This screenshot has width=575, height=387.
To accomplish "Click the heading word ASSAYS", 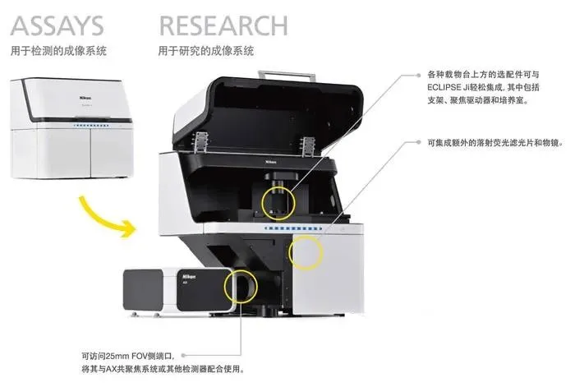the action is pyautogui.click(x=57, y=25).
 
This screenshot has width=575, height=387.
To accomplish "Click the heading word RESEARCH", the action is pyautogui.click(x=223, y=25).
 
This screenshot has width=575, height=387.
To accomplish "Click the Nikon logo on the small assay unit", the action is pyautogui.click(x=85, y=98).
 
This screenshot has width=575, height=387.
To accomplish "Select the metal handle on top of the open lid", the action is pyautogui.click(x=287, y=76).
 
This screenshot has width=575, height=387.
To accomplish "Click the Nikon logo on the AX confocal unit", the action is pyautogui.click(x=189, y=277).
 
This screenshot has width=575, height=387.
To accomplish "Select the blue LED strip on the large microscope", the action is pyautogui.click(x=293, y=228).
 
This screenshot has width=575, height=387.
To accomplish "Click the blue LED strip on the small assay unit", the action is pyautogui.click(x=91, y=126).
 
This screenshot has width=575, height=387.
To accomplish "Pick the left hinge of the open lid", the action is pyautogui.click(x=200, y=142).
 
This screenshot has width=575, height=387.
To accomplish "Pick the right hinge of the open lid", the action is pyautogui.click(x=308, y=145).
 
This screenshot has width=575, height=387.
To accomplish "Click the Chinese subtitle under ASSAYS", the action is pyautogui.click(x=58, y=51).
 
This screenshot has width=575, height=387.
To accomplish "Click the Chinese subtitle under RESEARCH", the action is pyautogui.click(x=205, y=51).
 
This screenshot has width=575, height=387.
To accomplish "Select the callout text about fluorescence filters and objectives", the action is pyautogui.click(x=495, y=143).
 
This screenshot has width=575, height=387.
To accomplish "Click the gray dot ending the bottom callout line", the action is pyautogui.click(x=183, y=356).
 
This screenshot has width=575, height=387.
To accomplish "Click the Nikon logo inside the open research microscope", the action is pyautogui.click(x=270, y=161).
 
